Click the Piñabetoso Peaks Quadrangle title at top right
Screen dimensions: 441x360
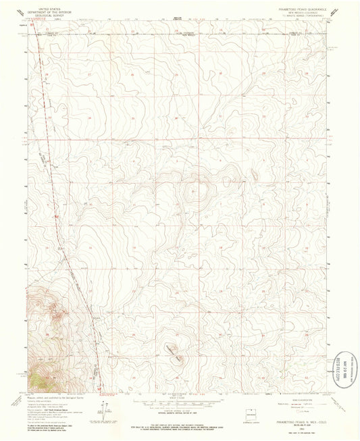pyautogui.click(x=296, y=8)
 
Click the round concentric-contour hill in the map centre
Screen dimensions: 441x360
pyautogui.click(x=199, y=191)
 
